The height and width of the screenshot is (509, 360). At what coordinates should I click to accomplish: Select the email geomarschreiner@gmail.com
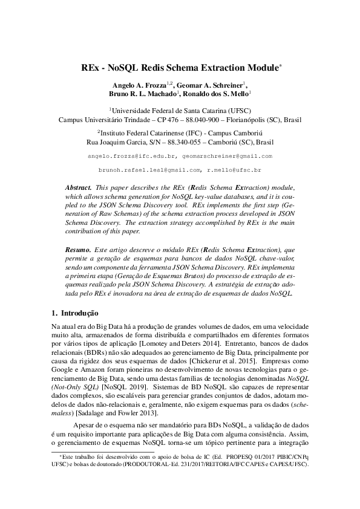tap(233, 156)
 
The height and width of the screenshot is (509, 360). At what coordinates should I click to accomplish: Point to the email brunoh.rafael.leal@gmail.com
tap(149, 171)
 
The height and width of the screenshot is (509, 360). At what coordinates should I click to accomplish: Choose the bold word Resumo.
tap(77, 250)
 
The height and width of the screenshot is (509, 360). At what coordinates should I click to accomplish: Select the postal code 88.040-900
tap(200, 120)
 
